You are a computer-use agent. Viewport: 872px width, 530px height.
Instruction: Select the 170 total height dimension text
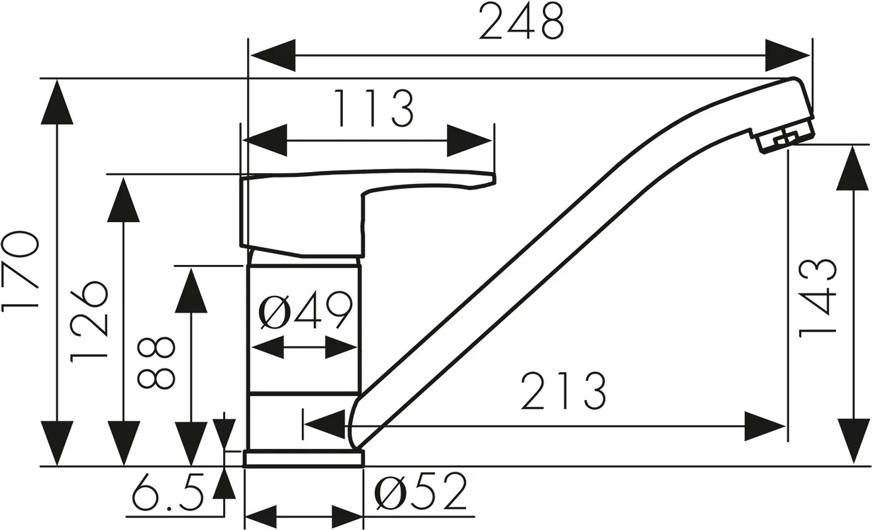pyautogui.click(x=21, y=272)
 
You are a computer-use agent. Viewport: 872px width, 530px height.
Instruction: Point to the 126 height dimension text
pyautogui.click(x=89, y=321)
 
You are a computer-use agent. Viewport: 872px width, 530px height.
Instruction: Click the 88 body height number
pyautogui.click(x=156, y=363)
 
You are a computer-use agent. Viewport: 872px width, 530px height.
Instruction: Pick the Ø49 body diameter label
pyautogui.click(x=306, y=310)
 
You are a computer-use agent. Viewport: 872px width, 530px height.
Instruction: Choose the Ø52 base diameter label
pyautogui.click(x=420, y=492)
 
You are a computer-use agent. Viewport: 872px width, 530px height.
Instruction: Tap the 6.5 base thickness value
pyautogui.click(x=168, y=492)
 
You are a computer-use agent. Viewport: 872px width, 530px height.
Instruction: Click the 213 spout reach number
pyautogui.click(x=563, y=392)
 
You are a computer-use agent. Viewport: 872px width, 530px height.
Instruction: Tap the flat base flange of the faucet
pyautogui.click(x=304, y=458)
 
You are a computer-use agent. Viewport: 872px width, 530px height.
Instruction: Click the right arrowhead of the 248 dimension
pyautogui.click(x=787, y=55)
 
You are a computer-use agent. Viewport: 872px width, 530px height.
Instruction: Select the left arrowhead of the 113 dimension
pyautogui.click(x=265, y=140)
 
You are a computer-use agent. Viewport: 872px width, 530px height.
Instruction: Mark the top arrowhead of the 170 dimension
pyautogui.click(x=57, y=101)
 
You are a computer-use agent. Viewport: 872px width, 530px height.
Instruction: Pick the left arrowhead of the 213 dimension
pyautogui.click(x=324, y=425)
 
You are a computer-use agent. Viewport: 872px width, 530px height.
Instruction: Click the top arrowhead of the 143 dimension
pyautogui.click(x=853, y=168)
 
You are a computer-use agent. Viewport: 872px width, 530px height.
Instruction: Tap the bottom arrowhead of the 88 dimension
pyautogui.click(x=191, y=444)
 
